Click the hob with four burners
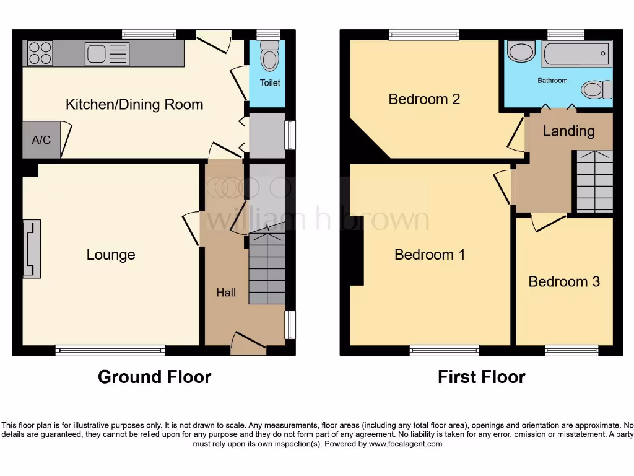pos(40,53)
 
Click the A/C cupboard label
pos(41,139)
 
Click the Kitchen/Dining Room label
pos(134,104)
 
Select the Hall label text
pos(226,293)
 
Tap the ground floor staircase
pos(267,271)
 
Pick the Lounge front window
pos(110,351)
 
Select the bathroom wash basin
pos(520,51)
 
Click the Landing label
pos(568,131)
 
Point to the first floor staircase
pos(594,181)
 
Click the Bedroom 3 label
pos(564,281)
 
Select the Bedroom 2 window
pos(424,35)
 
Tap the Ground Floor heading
pos(154,377)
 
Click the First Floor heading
pos(481,377)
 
